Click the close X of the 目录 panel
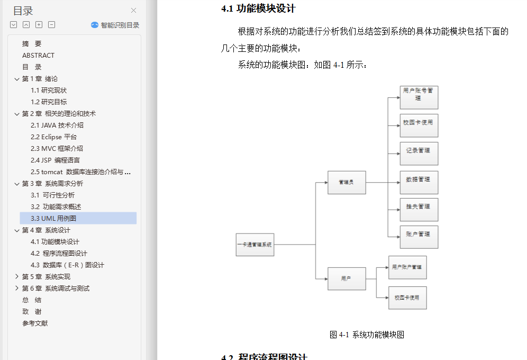pos(133,10)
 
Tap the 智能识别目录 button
pos(115,25)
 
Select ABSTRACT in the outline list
pos(38,55)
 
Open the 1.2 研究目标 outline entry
pos(49,102)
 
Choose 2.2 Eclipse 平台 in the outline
pos(53,137)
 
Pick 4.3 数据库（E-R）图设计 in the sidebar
pos(67,265)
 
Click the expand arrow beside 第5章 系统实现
pos(16,276)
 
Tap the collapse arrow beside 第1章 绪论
pos(16,78)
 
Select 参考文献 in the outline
pos(35,323)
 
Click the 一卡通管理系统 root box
pos(255,245)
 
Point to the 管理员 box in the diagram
pos(347,183)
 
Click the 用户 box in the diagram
pos(347,278)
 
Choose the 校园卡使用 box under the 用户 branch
pos(407,298)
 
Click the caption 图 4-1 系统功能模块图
pos(367,335)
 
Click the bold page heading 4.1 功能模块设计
pos(258,8)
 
